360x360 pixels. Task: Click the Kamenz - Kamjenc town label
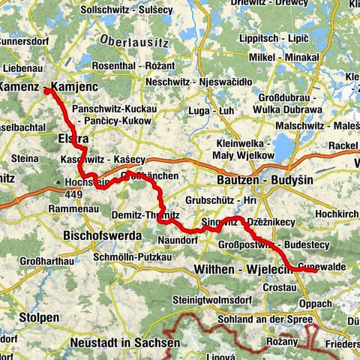tap(37, 88)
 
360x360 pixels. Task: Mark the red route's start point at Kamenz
tap(46, 91)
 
